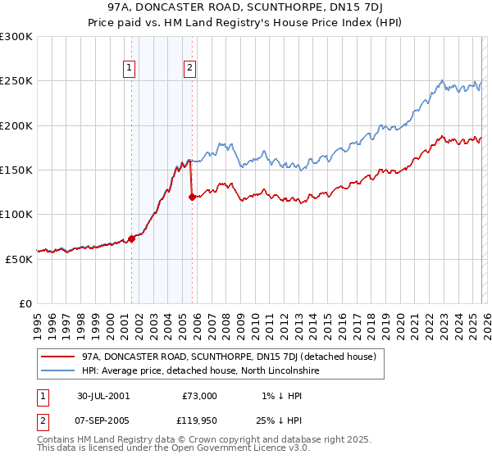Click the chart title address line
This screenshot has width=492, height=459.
(x=245, y=7)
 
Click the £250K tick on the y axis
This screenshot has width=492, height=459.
(x=16, y=81)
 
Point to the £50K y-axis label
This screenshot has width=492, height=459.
(x=19, y=259)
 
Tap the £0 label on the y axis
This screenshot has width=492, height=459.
(x=25, y=303)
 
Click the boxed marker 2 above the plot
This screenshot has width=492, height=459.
(x=190, y=69)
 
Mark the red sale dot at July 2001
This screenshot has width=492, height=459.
(x=131, y=239)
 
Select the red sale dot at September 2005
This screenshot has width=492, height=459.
(x=192, y=197)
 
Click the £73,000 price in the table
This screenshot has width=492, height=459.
(x=199, y=395)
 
